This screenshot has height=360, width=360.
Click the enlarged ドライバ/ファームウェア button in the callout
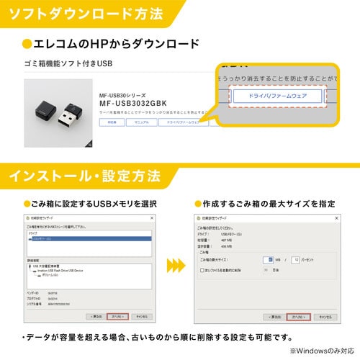(278, 96)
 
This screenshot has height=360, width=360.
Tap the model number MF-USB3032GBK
(132, 103)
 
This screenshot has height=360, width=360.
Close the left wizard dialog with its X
(152, 217)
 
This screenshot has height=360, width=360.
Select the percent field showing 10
(294, 259)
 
